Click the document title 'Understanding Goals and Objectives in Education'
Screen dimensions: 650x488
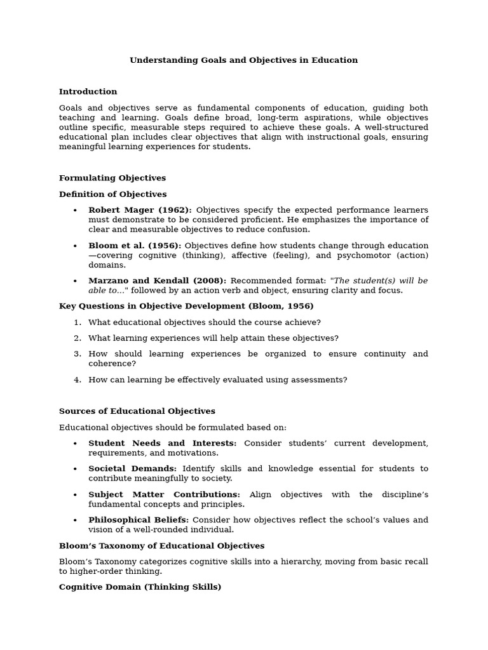[243, 60]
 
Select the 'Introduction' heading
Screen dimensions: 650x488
[88, 91]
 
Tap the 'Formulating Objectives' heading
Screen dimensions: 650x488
[112, 178]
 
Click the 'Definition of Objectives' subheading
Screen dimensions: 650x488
[112, 194]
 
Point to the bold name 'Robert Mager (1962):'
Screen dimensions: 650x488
[140, 210]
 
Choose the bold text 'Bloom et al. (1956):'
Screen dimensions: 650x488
[135, 246]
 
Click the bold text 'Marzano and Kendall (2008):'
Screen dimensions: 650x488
[157, 281]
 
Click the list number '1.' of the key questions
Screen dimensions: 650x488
[78, 322]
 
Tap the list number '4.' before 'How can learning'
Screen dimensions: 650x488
[78, 380]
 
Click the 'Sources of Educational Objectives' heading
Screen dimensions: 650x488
[137, 411]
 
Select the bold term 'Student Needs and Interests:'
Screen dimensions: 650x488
[162, 443]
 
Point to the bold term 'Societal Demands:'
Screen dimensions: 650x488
[132, 468]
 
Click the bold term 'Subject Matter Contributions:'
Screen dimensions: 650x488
[164, 494]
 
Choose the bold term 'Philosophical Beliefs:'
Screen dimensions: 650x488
[139, 520]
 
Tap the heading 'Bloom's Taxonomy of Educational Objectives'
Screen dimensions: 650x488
[161, 546]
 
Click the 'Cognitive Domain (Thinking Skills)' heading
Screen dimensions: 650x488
[140, 587]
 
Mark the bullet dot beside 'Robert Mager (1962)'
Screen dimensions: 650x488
[75, 211]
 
